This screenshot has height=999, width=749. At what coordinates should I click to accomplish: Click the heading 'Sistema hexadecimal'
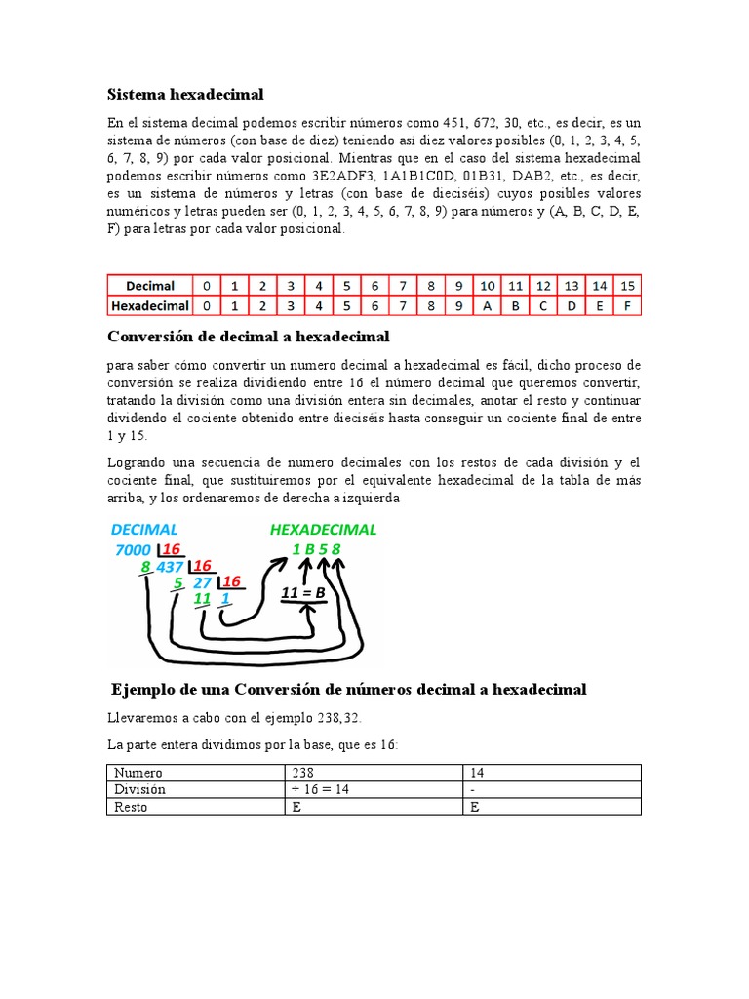point(185,94)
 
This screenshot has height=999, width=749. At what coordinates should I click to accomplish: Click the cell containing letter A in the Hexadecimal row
point(488,305)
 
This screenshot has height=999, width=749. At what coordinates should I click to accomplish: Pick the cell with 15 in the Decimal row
point(627,286)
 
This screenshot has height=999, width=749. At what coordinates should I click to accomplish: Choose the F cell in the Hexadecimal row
point(627,305)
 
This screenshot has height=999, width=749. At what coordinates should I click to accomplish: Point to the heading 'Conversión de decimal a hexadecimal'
point(248,337)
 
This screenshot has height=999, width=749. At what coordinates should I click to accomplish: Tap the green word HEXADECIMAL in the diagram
point(322,529)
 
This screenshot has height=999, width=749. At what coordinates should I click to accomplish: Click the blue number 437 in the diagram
point(171,566)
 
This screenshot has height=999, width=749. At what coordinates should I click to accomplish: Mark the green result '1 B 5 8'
point(316,549)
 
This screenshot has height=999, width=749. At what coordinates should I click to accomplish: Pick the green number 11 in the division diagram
point(203,599)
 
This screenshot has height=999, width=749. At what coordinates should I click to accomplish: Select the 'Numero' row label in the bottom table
point(138,773)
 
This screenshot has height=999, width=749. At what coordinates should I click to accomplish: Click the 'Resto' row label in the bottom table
point(132,807)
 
